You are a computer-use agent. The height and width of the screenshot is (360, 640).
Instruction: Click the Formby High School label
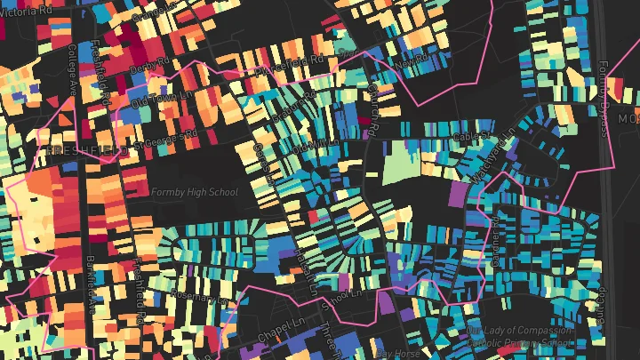pos(195,192)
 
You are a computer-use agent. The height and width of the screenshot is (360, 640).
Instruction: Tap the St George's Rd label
pos(165,140)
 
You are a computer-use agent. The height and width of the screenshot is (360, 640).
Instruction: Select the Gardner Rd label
pos(494,235)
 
